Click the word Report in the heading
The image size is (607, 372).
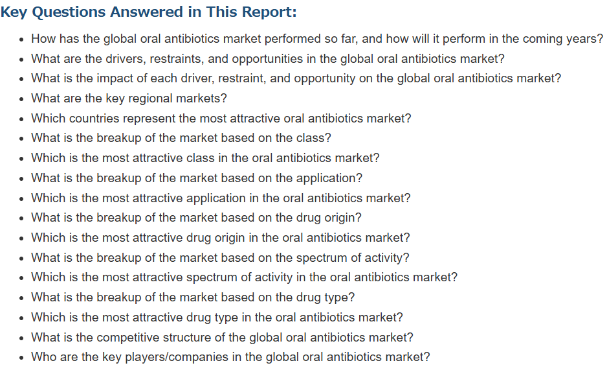pyautogui.click(x=269, y=12)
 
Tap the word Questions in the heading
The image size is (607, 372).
pyautogui.click(x=69, y=12)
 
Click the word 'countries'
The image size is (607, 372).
pyautogui.click(x=94, y=119)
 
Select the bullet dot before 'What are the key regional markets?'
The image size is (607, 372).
pyautogui.click(x=22, y=99)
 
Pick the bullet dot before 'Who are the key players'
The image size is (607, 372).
pyautogui.click(x=22, y=358)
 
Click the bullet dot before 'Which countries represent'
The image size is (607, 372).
pyautogui.click(x=22, y=119)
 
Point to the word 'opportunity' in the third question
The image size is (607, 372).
pyautogui.click(x=324, y=78)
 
